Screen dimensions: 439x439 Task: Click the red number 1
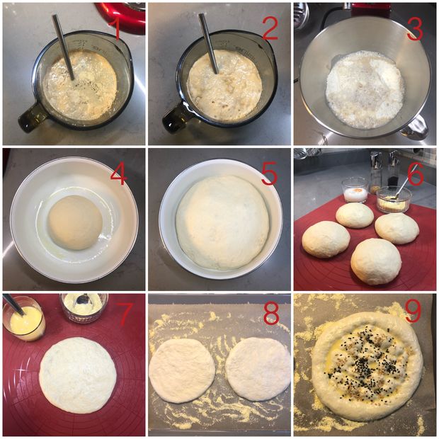click(115, 29)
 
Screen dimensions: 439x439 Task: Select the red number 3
click(415, 30)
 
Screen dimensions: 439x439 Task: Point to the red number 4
click(118, 174)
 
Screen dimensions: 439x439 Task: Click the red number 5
click(269, 173)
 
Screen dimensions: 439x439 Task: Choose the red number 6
click(415, 174)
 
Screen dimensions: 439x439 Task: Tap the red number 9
click(414, 312)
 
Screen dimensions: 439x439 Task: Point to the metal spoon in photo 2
click(209, 44)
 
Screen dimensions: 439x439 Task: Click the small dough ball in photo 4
click(75, 222)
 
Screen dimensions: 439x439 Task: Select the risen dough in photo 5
click(223, 222)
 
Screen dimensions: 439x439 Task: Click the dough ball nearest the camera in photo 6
click(376, 261)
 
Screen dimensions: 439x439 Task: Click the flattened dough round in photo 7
click(78, 375)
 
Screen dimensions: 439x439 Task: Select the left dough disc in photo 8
click(182, 370)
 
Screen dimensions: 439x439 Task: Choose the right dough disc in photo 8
click(258, 369)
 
